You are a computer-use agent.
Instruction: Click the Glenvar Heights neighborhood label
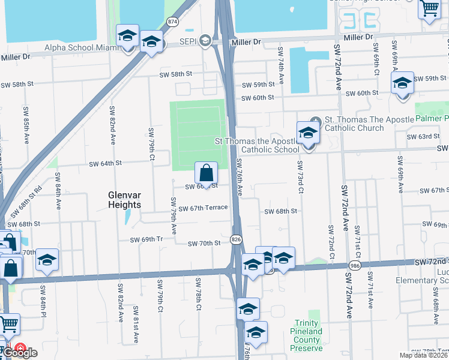pyautogui.click(x=125, y=200)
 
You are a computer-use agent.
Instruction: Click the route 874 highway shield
pyautogui.click(x=173, y=21)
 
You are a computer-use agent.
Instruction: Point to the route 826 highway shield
pyautogui.click(x=238, y=239)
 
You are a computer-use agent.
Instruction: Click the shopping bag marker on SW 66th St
pyautogui.click(x=206, y=173)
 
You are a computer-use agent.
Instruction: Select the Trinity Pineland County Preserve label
pyautogui.click(x=308, y=339)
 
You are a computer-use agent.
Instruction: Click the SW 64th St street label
pyautogui.click(x=105, y=163)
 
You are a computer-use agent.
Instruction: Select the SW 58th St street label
pyautogui.click(x=175, y=74)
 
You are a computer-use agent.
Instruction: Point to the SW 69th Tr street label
pyautogui.click(x=147, y=239)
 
